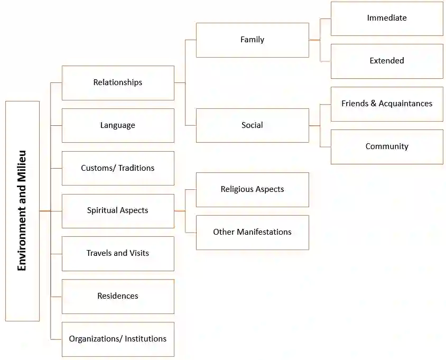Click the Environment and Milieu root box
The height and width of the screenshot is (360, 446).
(x=22, y=211)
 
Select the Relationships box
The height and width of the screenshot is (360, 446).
(x=118, y=82)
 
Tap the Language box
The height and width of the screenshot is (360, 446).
(x=118, y=125)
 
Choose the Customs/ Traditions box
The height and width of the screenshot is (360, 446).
(x=118, y=168)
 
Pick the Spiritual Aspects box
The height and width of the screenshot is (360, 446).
(x=118, y=210)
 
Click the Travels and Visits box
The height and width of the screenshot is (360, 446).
(x=118, y=253)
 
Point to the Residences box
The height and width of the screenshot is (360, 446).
(x=118, y=296)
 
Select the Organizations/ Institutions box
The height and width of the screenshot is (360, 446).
(x=118, y=339)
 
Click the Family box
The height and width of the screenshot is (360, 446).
(x=252, y=40)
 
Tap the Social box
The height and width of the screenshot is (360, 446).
(x=252, y=125)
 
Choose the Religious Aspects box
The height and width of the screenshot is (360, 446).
(x=252, y=189)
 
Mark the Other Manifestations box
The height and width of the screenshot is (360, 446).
(x=252, y=232)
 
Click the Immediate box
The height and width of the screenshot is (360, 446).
(x=387, y=18)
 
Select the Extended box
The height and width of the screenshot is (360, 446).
(x=387, y=61)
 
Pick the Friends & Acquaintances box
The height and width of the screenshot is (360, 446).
(x=387, y=104)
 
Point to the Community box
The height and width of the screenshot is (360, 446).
(x=387, y=146)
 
